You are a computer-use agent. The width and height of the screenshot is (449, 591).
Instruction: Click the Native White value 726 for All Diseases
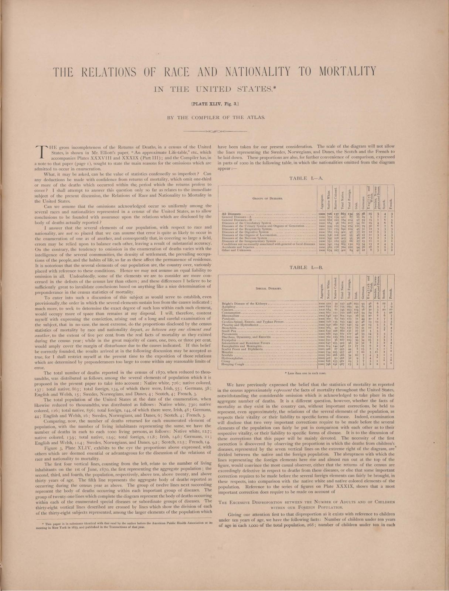[328, 214]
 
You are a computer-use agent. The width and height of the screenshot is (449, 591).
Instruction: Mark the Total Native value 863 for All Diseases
[343, 214]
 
